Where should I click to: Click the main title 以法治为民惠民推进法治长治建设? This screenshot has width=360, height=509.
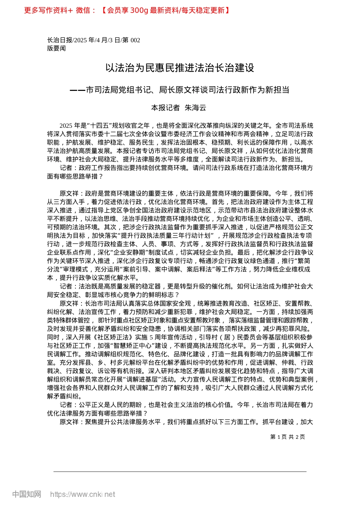pos(180,68)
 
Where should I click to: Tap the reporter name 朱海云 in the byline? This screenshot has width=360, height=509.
pos(195,108)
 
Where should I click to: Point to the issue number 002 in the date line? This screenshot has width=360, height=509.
pos(135,40)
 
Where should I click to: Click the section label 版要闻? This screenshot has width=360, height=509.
pos(56,48)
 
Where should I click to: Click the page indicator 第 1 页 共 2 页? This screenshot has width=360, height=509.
pos(288,437)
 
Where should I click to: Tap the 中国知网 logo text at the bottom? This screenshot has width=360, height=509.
pos(27,494)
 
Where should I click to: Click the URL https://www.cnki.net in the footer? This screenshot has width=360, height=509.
pos(83,494)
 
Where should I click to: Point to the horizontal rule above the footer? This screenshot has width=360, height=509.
pos(180,472)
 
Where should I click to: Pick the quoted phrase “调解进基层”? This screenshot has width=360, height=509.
pos(135,379)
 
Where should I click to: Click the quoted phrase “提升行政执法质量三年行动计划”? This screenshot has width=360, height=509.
pos(166,236)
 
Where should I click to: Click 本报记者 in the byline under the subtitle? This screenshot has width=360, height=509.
pos(165,108)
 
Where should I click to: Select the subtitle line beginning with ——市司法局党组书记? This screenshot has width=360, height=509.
pos(180,90)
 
